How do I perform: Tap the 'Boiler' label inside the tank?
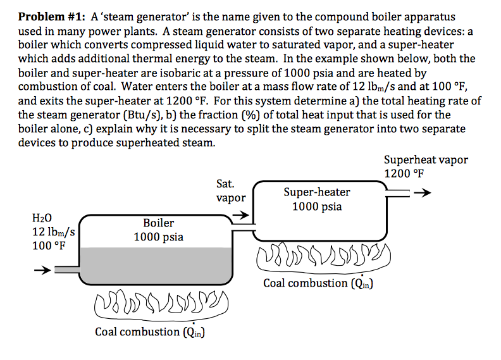pos(158,223)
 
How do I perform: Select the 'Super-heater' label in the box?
pos(316,192)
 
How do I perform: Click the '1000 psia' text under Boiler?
pos(158,237)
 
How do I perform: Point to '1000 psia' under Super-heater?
pos(316,207)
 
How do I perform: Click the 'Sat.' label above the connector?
pos(225,184)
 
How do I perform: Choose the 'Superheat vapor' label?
pos(426,159)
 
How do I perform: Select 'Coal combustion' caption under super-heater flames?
pos(305,283)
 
